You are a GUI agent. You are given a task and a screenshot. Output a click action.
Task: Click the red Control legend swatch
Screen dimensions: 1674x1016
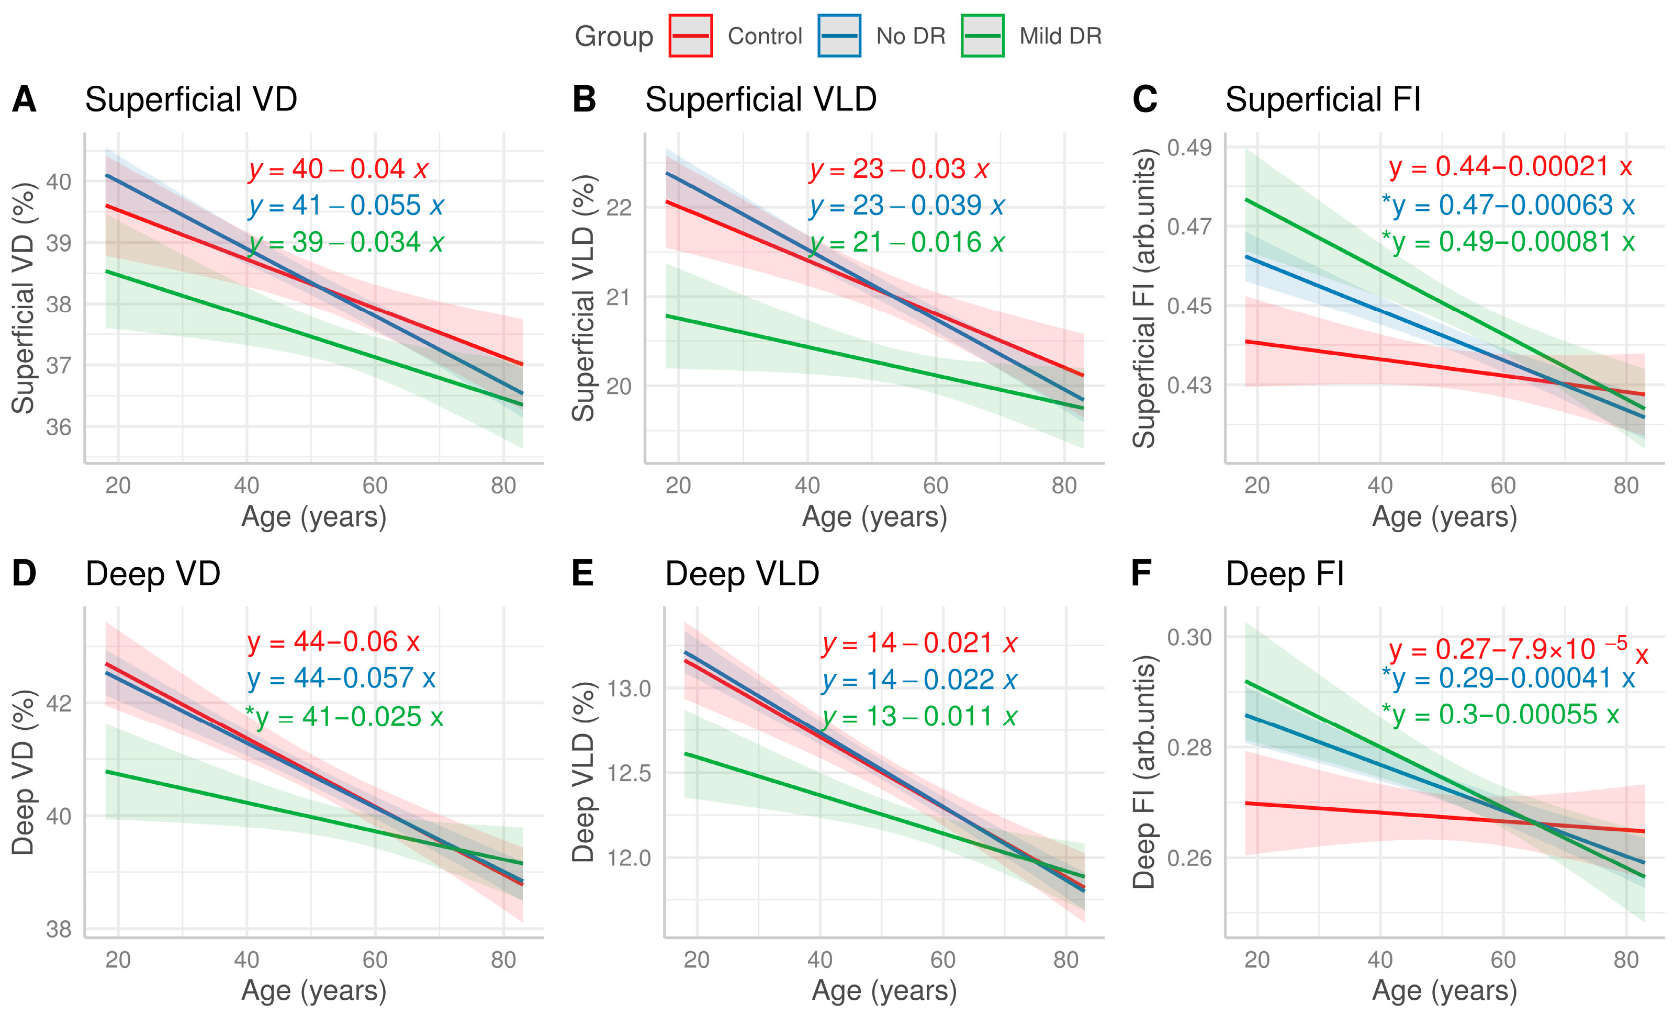(690, 36)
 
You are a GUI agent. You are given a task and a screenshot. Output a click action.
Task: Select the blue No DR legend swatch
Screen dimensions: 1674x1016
(840, 36)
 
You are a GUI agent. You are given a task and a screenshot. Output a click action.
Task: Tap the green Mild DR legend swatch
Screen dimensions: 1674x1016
(982, 36)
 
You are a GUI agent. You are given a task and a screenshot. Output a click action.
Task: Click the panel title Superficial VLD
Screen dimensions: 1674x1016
(761, 99)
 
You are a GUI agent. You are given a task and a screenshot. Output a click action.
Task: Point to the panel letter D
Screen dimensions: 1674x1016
(25, 573)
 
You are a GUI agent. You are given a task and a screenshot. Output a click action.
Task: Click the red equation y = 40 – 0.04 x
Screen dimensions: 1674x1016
(339, 169)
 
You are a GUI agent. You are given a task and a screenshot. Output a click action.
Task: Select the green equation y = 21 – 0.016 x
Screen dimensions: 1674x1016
(907, 242)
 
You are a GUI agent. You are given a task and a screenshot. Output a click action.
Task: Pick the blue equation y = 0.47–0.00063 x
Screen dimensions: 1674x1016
(1508, 205)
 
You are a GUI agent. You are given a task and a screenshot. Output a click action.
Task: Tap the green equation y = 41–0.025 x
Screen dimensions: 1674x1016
(344, 717)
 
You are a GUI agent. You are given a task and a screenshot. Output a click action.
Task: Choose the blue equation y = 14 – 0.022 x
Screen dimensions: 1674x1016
(920, 680)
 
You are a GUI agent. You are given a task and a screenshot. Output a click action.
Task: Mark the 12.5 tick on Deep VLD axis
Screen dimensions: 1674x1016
(629, 773)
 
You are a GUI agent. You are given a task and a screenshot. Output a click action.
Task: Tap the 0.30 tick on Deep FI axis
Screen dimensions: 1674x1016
(1189, 637)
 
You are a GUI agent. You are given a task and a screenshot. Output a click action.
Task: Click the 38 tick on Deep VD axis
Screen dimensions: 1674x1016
(59, 929)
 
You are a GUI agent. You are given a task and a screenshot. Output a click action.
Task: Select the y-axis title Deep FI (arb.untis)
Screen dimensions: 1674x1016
(1143, 772)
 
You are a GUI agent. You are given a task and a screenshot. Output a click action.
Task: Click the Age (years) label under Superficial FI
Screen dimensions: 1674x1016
(1444, 517)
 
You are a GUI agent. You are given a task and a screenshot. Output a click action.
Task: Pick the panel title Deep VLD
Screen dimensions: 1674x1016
(742, 574)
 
